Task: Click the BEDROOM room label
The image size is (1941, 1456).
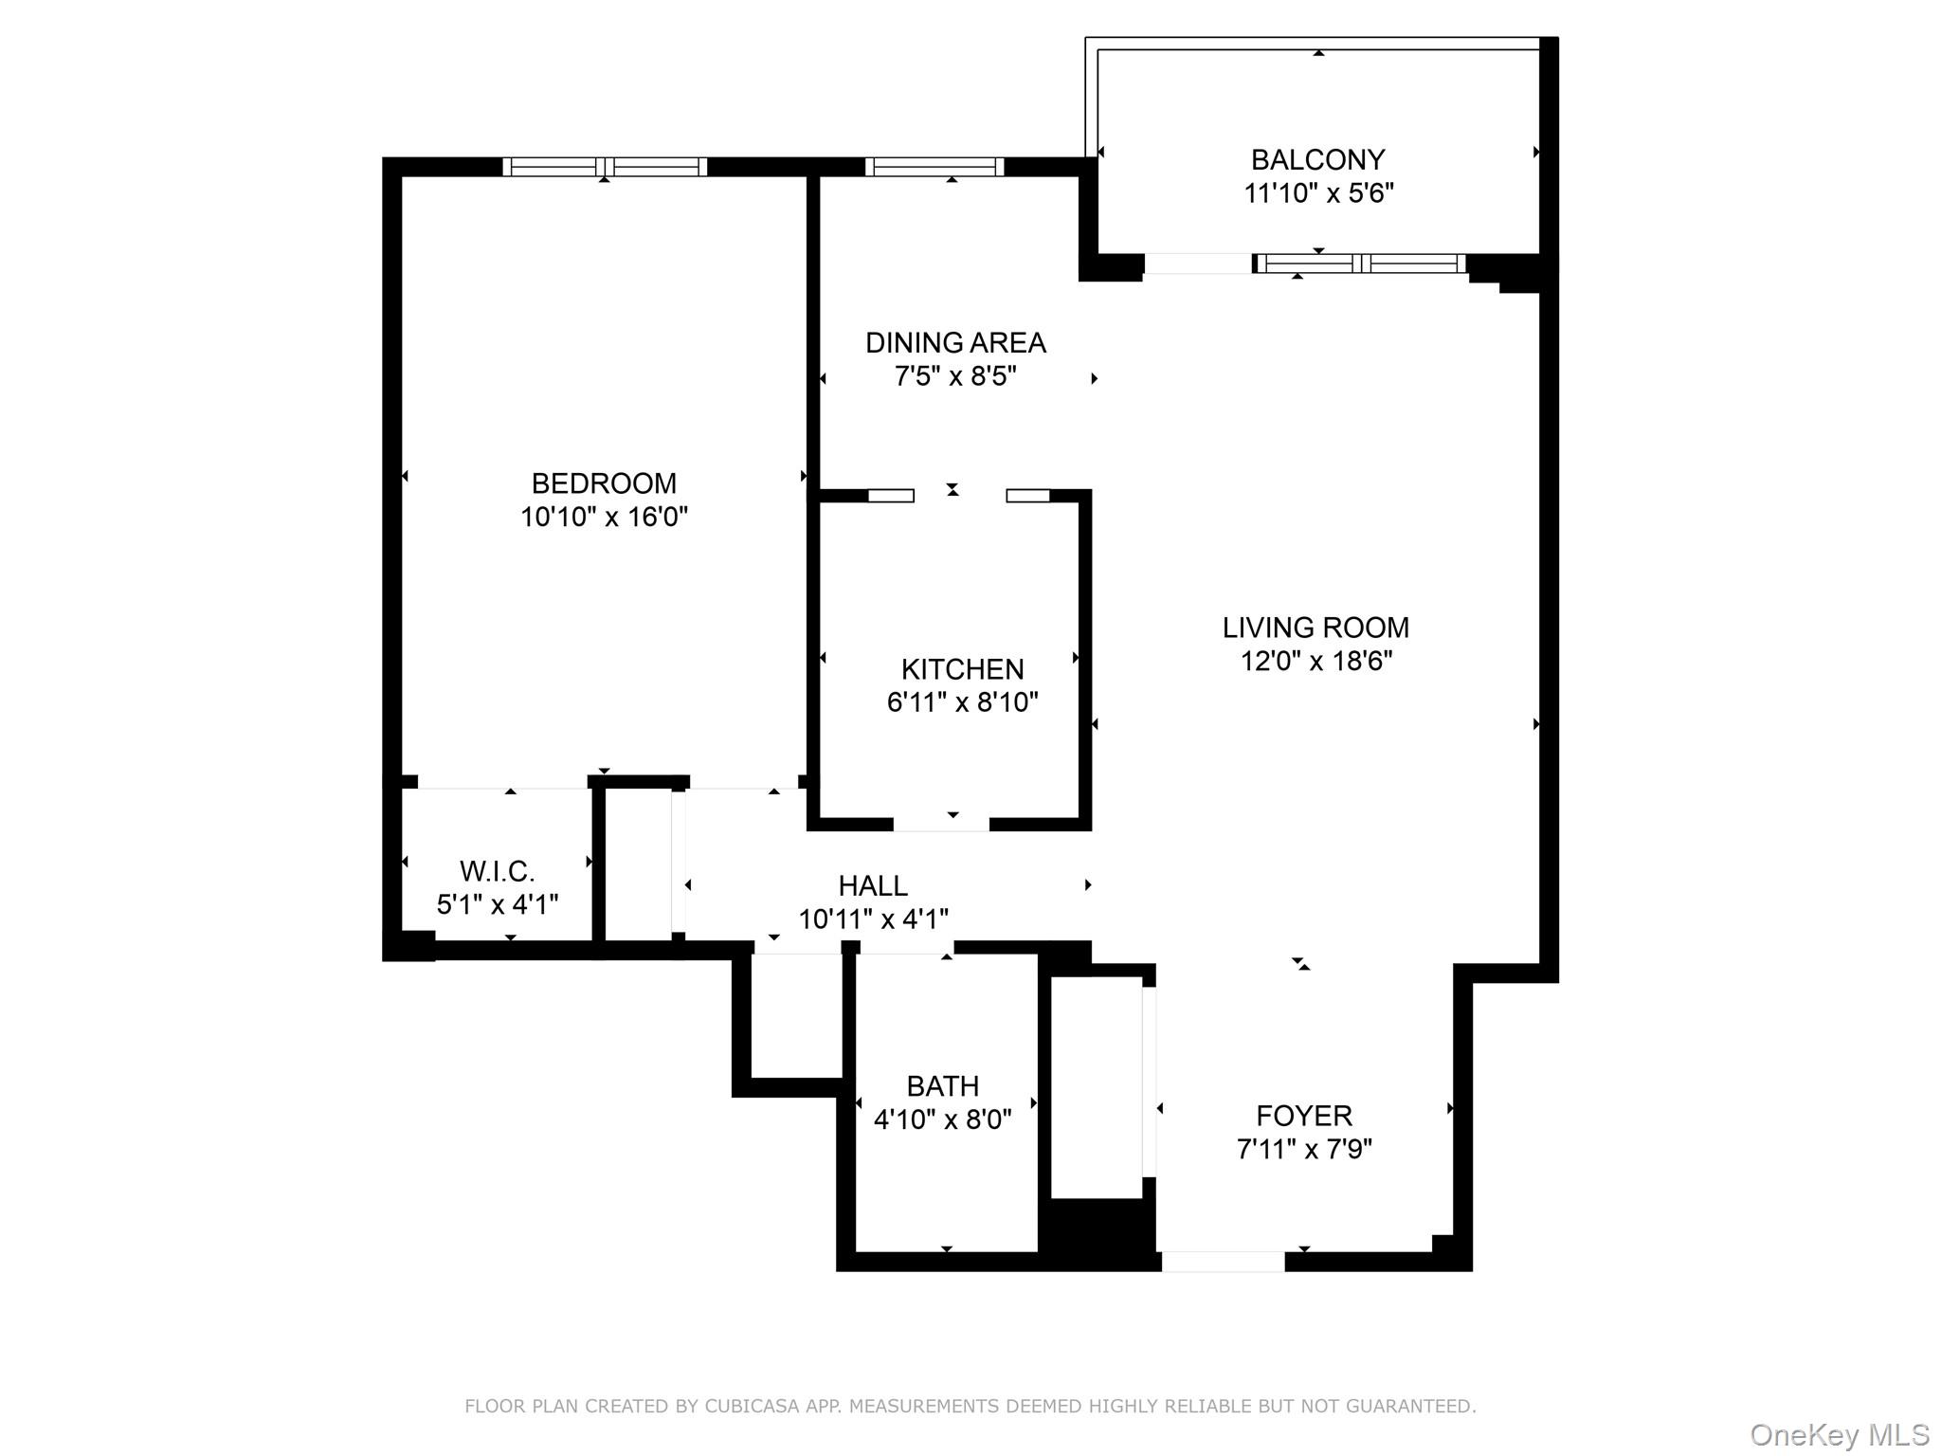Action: coord(604,483)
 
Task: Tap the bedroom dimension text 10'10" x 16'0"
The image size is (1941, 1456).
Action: coord(604,518)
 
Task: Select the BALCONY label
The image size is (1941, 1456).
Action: coord(1317,159)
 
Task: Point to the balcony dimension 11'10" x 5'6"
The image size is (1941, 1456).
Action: coord(1317,193)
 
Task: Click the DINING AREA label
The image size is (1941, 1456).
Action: coord(955,342)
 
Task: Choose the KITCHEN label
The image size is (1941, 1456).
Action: coord(962,669)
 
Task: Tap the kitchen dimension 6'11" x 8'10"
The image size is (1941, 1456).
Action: coord(962,702)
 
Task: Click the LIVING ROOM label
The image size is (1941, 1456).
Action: coord(1315,628)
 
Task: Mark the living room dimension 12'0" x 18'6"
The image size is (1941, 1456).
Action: coord(1315,661)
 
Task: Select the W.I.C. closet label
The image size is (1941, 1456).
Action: coord(497,871)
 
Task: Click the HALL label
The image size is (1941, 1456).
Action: coord(873,885)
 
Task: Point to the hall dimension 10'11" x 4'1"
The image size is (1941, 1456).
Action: coord(873,919)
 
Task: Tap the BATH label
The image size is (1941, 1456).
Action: coord(942,1085)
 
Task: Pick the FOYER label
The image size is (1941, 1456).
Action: coord(1304,1116)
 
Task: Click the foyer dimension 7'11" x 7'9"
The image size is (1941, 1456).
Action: coord(1304,1150)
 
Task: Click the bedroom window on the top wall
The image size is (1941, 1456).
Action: coord(605,167)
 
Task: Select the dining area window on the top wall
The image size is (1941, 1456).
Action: coord(934,167)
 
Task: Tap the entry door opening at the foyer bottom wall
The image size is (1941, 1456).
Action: coord(1223,1262)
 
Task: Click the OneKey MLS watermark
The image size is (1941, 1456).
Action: coord(1840,1435)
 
